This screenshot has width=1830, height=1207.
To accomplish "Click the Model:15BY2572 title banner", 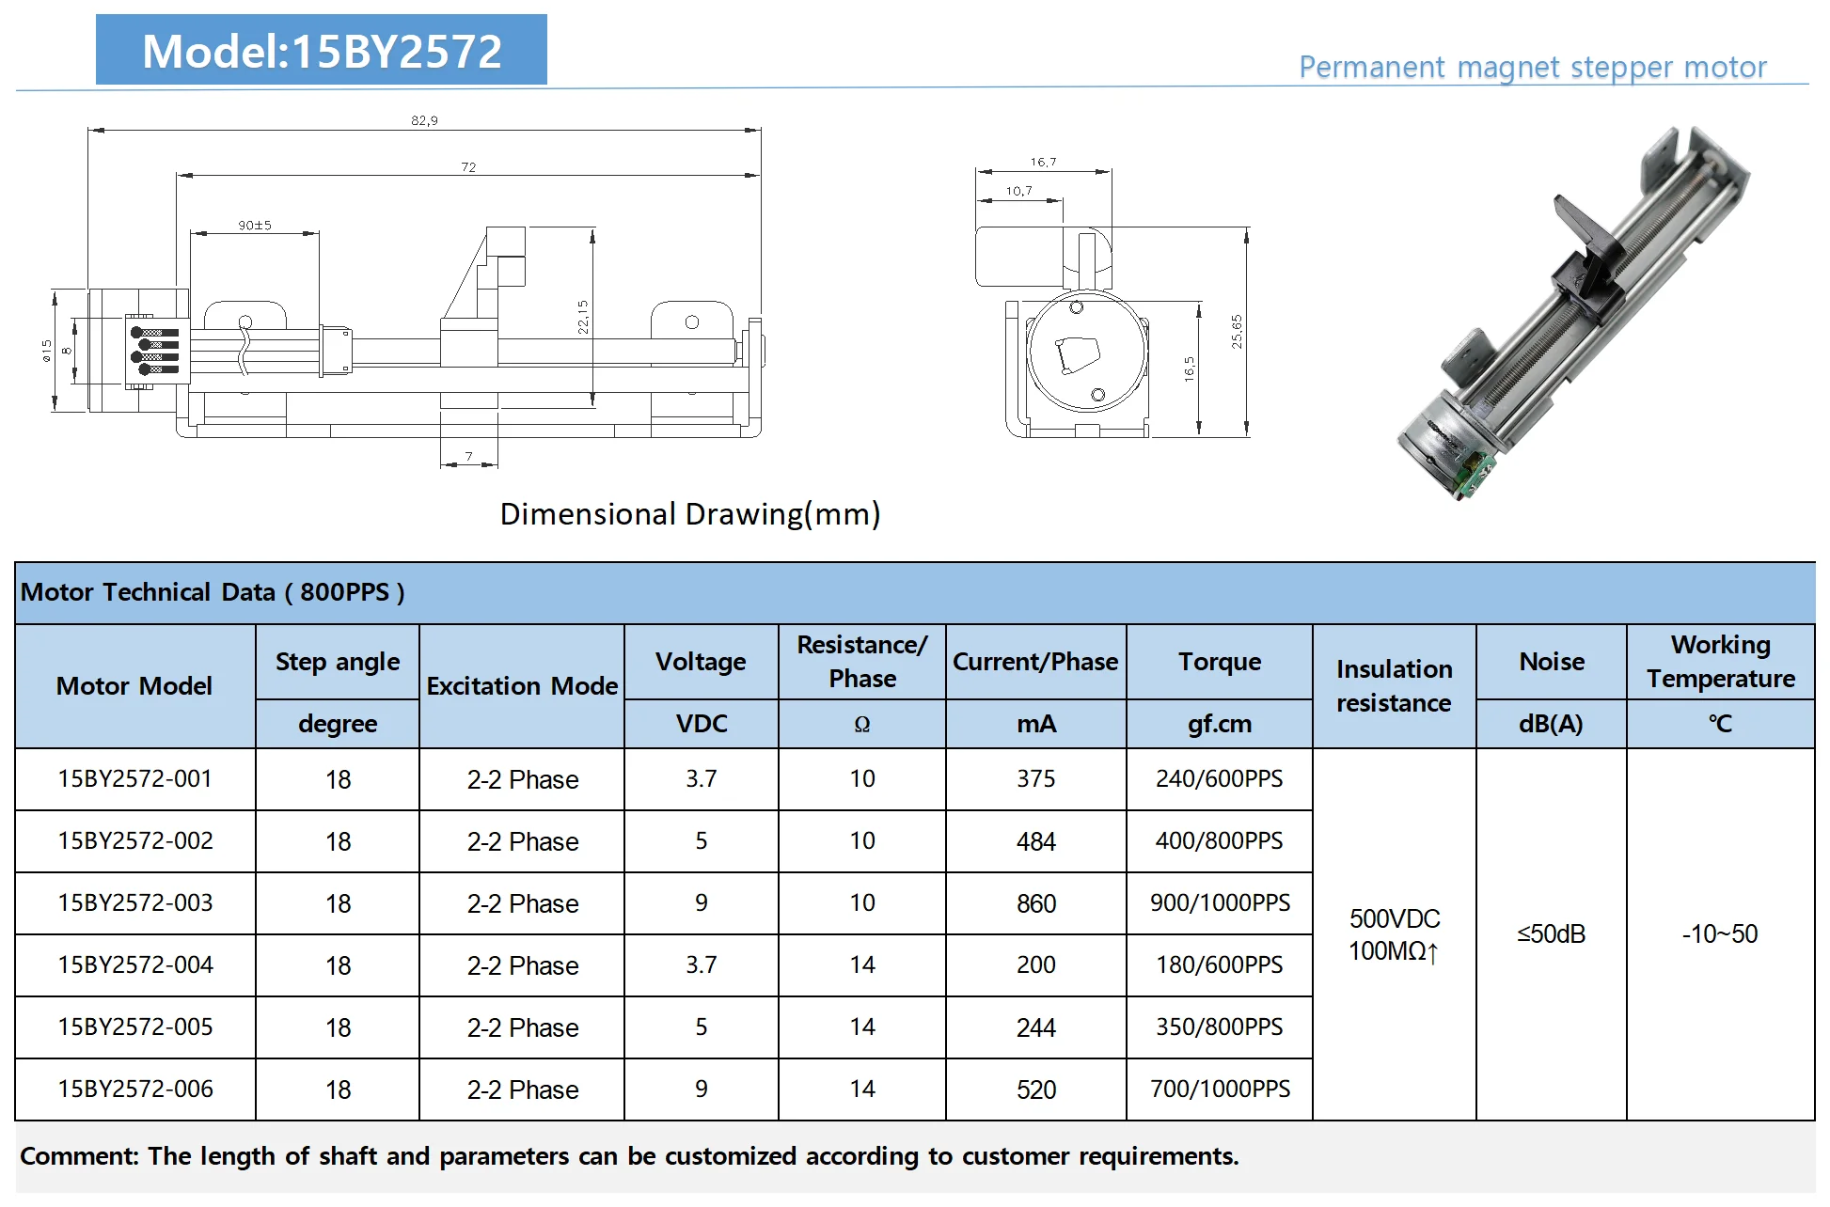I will click(321, 51).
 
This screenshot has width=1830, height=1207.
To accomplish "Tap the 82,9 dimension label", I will click(424, 120).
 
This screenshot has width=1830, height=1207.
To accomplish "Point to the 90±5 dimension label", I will click(254, 226).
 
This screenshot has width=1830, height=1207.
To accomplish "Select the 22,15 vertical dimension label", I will click(583, 317).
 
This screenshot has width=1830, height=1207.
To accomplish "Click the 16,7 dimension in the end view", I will click(1043, 162).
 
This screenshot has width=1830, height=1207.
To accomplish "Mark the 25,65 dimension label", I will click(1237, 331).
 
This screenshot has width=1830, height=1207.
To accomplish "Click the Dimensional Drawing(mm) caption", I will click(689, 514).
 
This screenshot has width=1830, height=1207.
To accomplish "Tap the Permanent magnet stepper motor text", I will click(1532, 68).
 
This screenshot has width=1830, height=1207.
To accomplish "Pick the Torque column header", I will click(1219, 662).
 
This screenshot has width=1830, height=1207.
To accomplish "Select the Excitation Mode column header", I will click(522, 686).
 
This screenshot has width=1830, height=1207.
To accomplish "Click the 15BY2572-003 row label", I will click(135, 902).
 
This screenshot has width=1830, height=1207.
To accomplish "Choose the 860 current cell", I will click(1035, 903).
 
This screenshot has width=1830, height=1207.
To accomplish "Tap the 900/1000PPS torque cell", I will click(1220, 902).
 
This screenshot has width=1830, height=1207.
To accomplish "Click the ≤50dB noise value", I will click(1551, 933).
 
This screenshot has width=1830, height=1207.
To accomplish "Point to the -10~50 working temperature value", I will click(1719, 933).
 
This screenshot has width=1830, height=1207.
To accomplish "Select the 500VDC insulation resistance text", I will click(1394, 918).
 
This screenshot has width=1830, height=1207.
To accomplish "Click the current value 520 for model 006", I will click(1035, 1089).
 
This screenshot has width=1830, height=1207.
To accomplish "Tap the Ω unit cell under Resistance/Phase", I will click(861, 724).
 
